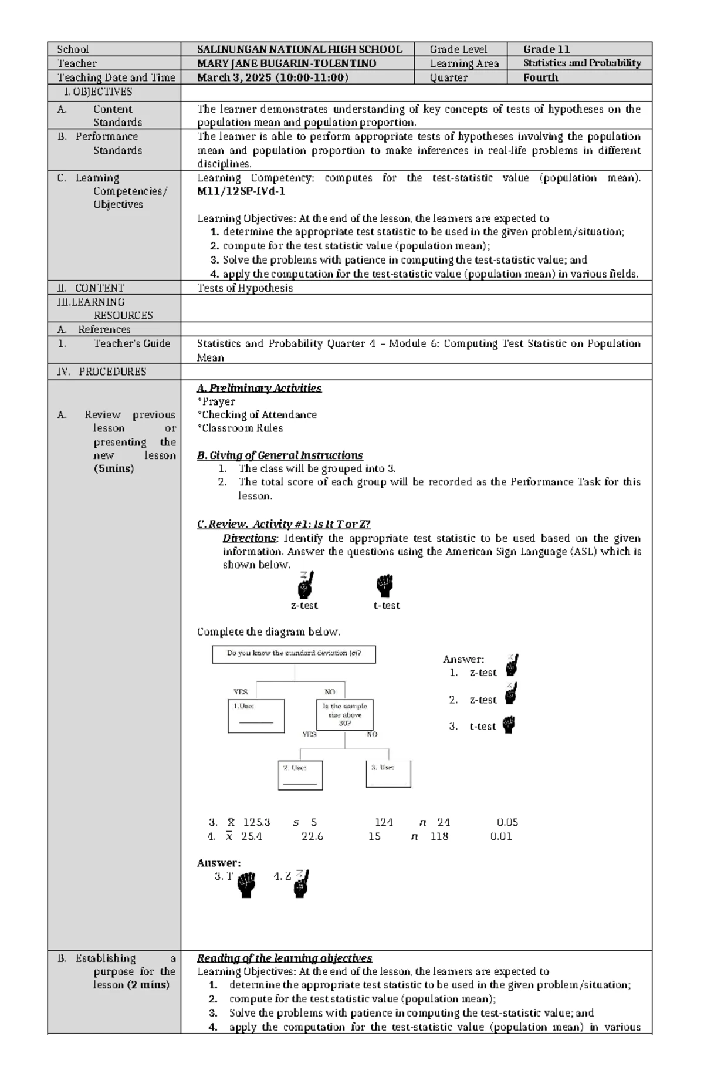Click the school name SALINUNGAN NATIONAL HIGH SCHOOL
coord(299,49)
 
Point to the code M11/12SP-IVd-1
coord(241,191)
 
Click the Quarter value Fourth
coord(540,77)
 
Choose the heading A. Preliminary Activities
coord(259,388)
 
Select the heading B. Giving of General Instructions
coord(280,455)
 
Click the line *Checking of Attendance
coord(258,415)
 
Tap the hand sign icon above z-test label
coord(305,585)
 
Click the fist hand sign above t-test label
coord(384,585)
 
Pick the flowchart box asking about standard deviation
coord(293,654)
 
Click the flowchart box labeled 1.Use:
coord(256,715)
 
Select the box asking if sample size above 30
coord(345,714)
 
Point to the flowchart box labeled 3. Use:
coord(388,774)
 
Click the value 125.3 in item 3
coord(256,822)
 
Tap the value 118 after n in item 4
coord(439,836)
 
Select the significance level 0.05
coord(507,822)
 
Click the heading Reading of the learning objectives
coord(285,958)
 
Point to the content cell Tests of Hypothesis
coord(245,288)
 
